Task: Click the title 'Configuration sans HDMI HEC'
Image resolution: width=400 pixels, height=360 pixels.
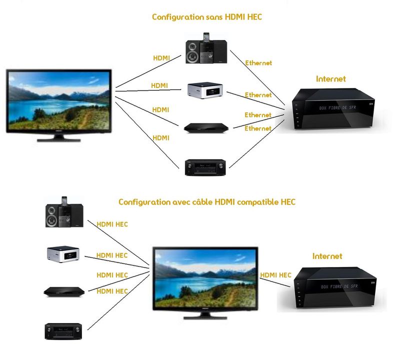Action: (x=207, y=17)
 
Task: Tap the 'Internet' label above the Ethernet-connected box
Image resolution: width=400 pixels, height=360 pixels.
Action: (x=330, y=79)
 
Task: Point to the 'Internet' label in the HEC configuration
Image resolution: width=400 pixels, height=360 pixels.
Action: (x=327, y=256)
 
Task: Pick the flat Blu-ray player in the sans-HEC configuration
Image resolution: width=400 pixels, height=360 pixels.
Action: (x=206, y=127)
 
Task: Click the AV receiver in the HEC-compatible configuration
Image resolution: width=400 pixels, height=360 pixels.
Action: (x=64, y=330)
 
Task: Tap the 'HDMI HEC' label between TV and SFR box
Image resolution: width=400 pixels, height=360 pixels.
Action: (x=275, y=275)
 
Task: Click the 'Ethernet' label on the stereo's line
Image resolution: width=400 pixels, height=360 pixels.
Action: (x=258, y=63)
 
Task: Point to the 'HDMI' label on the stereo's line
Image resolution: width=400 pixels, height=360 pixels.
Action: (x=161, y=58)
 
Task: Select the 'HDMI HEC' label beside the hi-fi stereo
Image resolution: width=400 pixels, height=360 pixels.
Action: (x=112, y=224)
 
